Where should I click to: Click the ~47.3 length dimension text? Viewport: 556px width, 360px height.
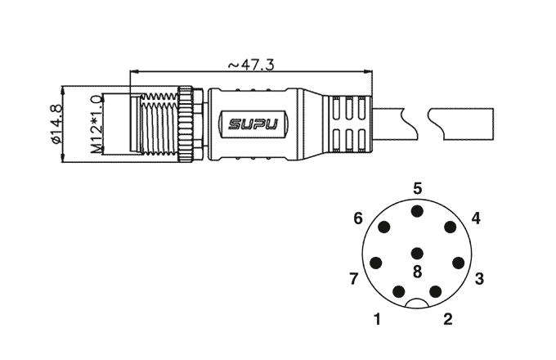(x=251, y=65)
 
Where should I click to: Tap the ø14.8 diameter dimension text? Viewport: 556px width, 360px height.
(x=56, y=124)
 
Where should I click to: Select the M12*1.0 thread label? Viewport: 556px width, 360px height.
(x=96, y=124)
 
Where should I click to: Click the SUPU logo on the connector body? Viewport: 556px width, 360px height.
(x=253, y=124)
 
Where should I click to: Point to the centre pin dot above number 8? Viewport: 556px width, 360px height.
(x=417, y=254)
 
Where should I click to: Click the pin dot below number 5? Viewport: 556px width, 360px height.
(x=417, y=211)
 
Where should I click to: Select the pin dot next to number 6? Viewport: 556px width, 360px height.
(x=384, y=227)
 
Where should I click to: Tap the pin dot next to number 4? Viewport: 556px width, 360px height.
(x=450, y=227)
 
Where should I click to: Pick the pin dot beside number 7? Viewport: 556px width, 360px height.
(x=376, y=263)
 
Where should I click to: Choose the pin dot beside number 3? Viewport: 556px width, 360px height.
(x=459, y=263)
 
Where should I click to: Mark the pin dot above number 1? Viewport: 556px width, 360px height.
(x=399, y=292)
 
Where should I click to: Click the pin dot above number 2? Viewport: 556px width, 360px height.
(x=436, y=292)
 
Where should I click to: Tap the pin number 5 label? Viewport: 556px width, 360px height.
(x=418, y=189)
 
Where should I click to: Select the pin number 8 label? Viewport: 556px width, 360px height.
(x=417, y=272)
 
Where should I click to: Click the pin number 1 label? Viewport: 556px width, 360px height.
(x=378, y=319)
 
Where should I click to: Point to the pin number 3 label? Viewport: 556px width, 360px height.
(x=479, y=279)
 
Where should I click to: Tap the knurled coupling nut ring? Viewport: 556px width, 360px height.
(x=186, y=124)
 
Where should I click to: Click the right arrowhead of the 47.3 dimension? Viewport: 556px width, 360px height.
(x=369, y=72)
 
